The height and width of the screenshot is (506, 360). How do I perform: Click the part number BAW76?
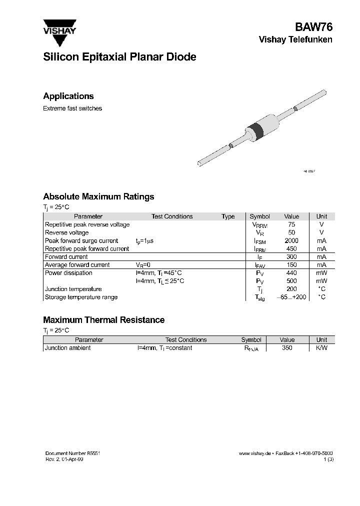tap(314, 27)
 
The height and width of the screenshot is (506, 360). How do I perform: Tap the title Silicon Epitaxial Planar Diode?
tap(119, 57)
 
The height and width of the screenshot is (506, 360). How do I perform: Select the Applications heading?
tap(68, 96)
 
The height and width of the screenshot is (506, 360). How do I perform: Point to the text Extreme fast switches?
tap(72, 108)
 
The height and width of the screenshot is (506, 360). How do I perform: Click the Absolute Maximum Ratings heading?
tap(98, 197)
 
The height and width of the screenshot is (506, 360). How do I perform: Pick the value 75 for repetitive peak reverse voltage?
tap(291, 224)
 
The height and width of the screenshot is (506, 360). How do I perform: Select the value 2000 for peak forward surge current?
tap(291, 240)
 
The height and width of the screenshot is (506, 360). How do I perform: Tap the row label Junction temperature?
tap(73, 289)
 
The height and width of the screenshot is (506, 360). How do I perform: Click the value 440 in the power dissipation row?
tap(291, 273)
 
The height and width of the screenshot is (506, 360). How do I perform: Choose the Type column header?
tap(228, 216)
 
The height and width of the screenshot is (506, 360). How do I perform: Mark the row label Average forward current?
tap(77, 265)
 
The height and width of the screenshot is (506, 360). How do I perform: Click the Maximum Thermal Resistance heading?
tap(103, 320)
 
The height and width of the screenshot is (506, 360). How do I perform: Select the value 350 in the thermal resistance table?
tap(287, 348)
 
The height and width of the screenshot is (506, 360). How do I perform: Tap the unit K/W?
tap(321, 348)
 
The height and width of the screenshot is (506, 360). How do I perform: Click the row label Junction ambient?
tap(68, 348)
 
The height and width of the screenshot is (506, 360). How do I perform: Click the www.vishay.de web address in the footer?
tap(254, 452)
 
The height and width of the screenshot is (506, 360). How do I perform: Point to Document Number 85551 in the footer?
tap(73, 452)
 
